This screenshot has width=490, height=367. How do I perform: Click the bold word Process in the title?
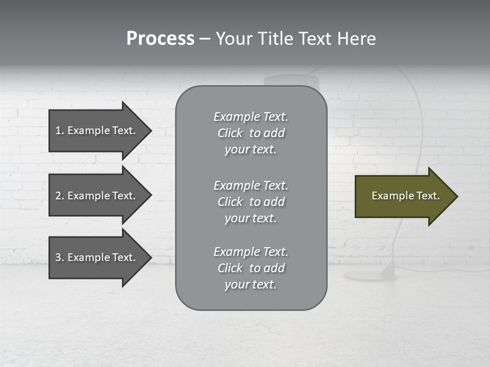point(160,39)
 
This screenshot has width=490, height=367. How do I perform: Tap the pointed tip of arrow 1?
point(150,130)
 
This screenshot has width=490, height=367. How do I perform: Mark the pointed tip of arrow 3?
point(150,257)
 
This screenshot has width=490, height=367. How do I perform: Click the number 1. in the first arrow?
point(60,130)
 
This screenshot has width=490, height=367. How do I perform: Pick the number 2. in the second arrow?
point(60,196)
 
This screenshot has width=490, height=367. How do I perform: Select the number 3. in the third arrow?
point(60,257)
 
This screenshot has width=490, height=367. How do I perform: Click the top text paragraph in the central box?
point(251,133)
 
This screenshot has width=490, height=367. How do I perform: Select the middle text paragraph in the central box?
point(251,202)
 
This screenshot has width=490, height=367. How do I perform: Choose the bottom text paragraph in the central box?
point(251,268)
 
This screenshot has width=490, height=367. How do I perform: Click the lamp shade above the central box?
point(291,80)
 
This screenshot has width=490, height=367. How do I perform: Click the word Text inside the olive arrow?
point(428,196)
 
